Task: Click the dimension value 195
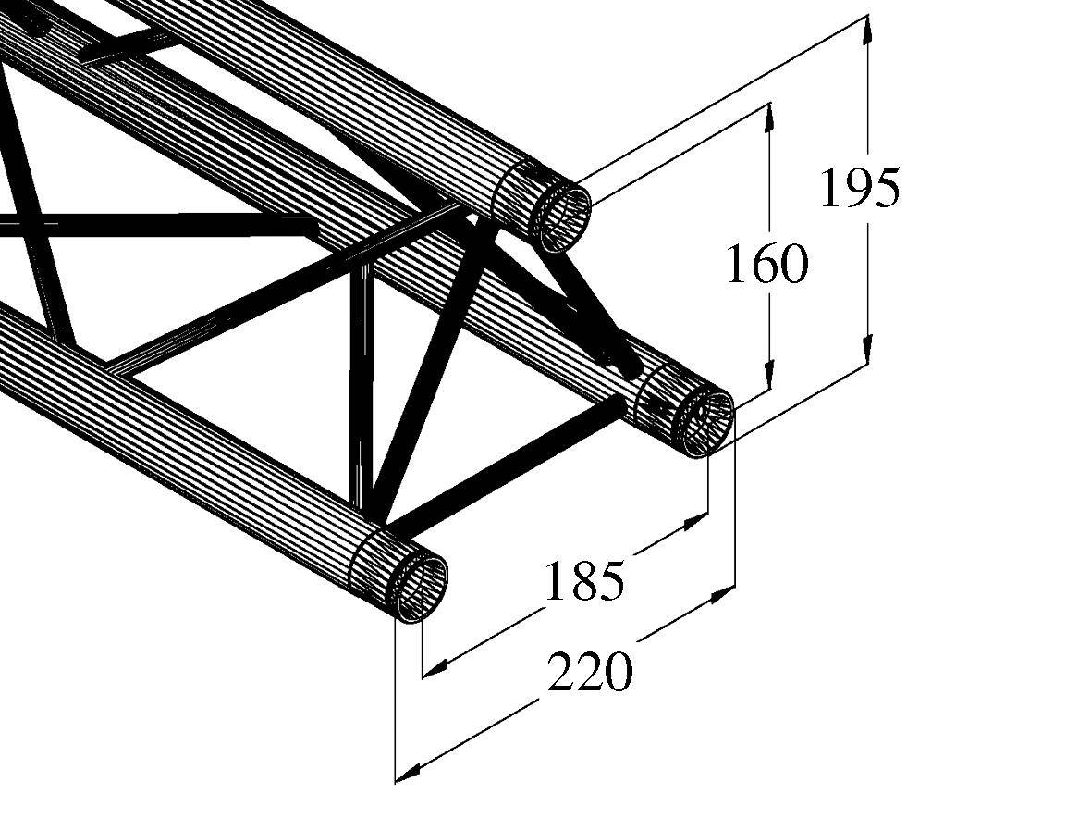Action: coord(859,189)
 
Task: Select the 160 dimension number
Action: coord(766,266)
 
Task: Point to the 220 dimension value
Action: coord(590,672)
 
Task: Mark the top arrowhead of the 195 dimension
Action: coord(867,28)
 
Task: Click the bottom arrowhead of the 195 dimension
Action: coord(867,353)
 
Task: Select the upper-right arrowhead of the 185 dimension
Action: coord(694,524)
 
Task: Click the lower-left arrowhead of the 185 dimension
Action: coord(435,664)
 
